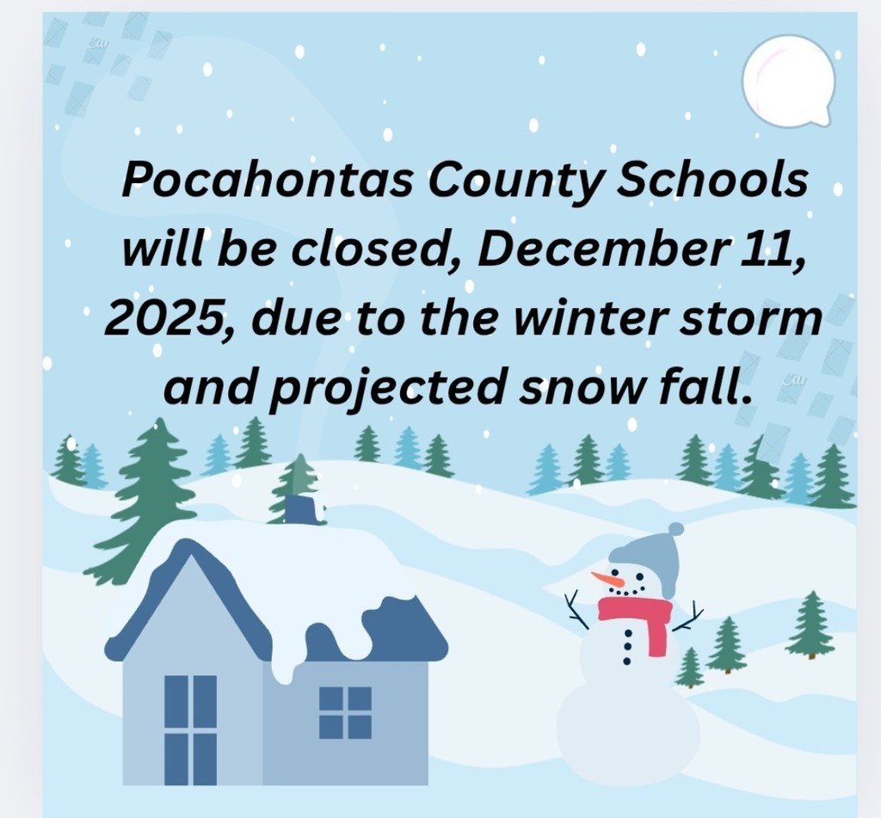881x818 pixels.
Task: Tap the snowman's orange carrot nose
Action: coord(607,580)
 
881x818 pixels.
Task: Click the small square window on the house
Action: coord(345,712)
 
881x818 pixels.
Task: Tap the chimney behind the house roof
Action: coord(301,508)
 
